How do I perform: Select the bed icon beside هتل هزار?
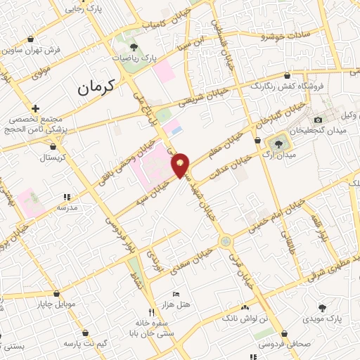(x=176, y=292)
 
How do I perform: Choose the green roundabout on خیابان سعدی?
(x=225, y=241)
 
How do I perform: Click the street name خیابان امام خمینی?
(x=279, y=218)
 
